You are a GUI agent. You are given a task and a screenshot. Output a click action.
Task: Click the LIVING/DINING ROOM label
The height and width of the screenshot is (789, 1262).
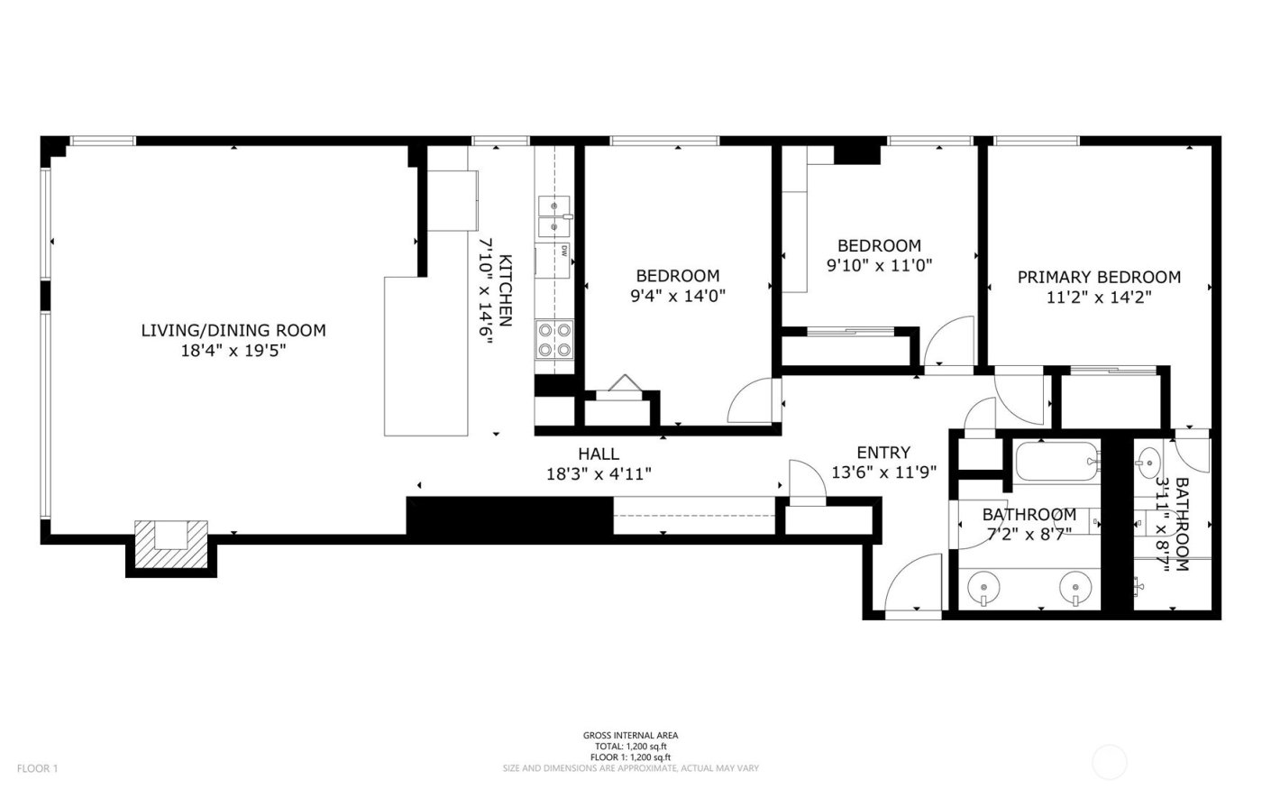click(233, 330)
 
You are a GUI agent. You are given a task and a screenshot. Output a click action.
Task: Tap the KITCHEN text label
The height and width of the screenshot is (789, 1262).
click(506, 290)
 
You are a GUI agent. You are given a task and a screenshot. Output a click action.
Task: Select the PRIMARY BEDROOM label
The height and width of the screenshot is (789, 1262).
click(1099, 277)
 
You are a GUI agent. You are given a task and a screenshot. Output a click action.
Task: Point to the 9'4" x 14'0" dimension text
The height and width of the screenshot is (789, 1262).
click(678, 295)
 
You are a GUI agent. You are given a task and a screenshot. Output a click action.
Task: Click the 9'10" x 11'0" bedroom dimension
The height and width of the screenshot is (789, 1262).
click(879, 265)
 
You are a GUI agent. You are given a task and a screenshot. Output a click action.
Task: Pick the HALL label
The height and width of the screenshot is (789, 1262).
click(599, 454)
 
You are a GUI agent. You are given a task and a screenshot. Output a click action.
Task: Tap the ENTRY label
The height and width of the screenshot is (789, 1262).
click(883, 452)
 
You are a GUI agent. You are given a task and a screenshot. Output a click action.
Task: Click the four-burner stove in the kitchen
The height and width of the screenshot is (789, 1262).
click(554, 340)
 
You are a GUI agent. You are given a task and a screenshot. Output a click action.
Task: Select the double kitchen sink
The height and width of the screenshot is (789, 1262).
click(554, 216)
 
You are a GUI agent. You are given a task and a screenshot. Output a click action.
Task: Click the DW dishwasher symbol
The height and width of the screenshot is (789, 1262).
click(563, 252)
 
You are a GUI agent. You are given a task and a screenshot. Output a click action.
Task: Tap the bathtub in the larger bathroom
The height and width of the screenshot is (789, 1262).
click(1056, 462)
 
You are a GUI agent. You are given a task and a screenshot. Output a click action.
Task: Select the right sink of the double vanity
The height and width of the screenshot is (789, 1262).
click(1075, 588)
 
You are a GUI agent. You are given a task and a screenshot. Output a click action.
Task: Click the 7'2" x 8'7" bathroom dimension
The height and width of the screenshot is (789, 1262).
click(1028, 533)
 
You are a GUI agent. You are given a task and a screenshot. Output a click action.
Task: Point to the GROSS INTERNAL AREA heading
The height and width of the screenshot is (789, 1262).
click(630, 735)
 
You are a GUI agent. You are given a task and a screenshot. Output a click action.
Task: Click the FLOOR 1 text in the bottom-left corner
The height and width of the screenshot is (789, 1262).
click(37, 768)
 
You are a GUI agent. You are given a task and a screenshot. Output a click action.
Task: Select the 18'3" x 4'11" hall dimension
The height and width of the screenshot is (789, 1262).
click(599, 472)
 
